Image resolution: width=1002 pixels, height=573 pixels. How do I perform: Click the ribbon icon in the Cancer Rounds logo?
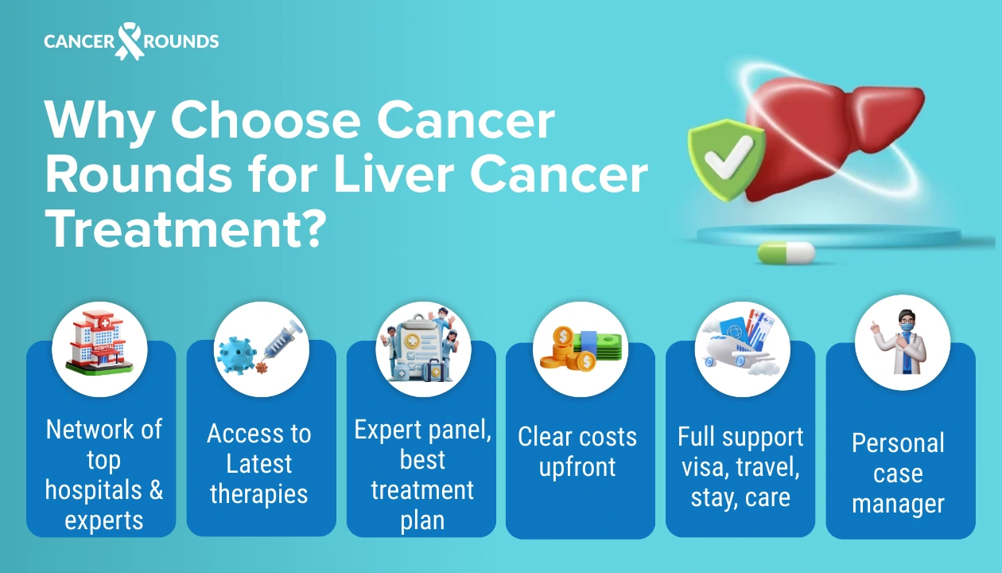coord(129,41)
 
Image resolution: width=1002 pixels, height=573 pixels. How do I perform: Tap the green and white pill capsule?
coord(786,252)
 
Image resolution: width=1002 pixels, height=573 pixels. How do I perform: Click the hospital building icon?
coord(99,349)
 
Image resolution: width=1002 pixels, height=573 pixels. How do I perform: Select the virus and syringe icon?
coord(261,349)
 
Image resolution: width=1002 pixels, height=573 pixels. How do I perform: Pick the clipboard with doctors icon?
coord(423,349)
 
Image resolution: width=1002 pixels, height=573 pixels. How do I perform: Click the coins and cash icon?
coord(581,349)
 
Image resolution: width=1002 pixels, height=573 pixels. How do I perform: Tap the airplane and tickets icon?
coord(741,349)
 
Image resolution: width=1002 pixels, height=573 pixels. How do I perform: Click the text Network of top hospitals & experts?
coord(103,474)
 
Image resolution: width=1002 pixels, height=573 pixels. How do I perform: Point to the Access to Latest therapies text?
coord(259,463)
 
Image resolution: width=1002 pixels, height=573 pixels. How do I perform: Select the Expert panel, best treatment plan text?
coord(422,474)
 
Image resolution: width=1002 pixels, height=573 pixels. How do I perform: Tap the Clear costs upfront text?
coord(577,451)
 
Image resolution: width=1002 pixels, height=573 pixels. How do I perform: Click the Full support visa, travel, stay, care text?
coord(740,466)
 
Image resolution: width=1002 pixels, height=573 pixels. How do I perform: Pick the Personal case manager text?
coord(898,473)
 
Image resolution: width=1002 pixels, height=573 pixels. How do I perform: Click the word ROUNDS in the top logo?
coord(181,41)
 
